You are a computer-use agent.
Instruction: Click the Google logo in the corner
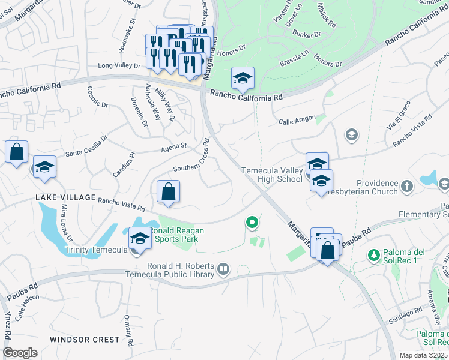20,353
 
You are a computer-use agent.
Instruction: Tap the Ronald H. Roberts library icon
223,268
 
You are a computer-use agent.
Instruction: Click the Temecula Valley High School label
272,175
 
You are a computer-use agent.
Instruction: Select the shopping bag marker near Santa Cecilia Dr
17,152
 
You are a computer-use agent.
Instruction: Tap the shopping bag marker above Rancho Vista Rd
169,191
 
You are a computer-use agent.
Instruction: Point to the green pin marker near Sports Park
252,223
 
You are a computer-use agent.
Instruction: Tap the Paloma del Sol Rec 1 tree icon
373,255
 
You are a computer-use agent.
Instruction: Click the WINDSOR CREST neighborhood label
85,340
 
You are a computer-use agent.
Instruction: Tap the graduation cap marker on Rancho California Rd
243,78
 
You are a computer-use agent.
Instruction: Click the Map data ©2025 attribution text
424,355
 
